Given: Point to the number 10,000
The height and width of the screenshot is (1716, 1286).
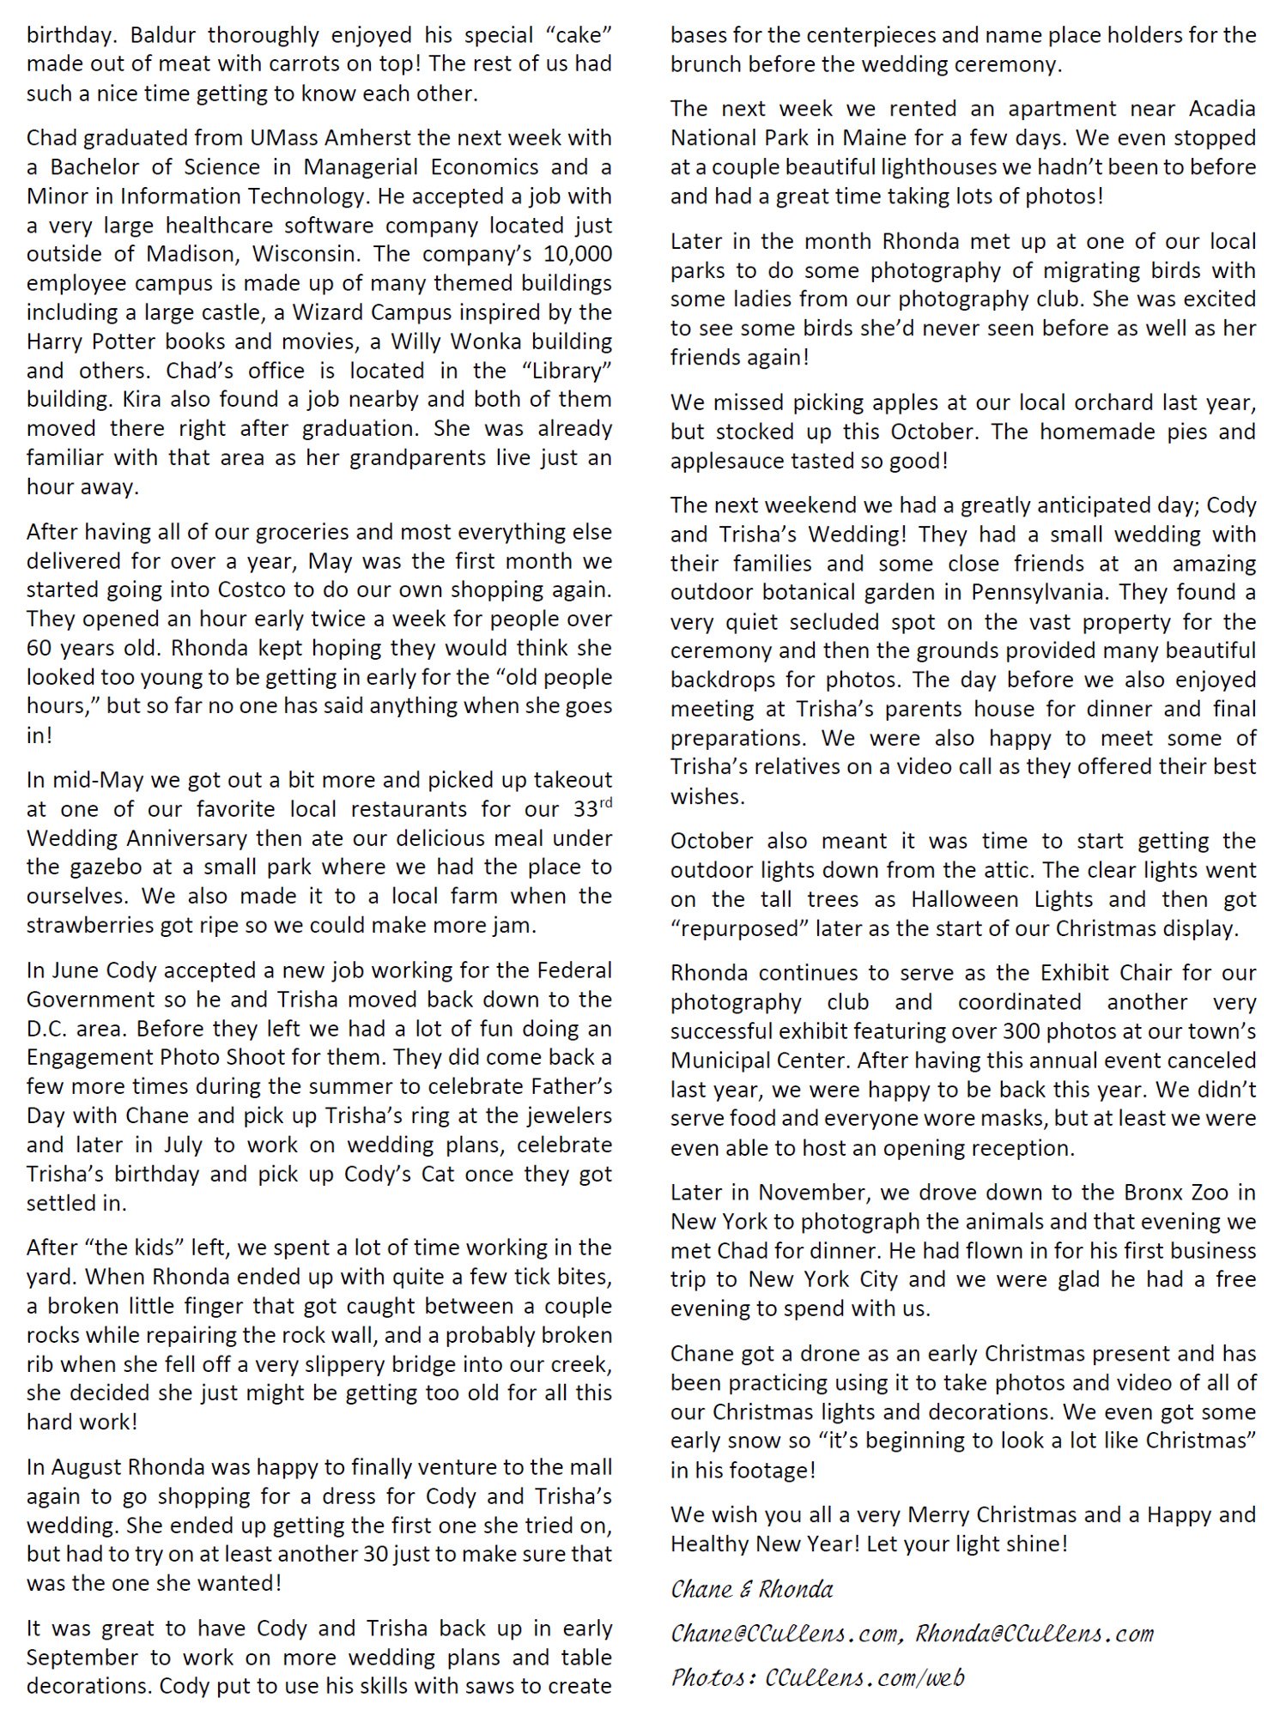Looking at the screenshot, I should [x=570, y=255].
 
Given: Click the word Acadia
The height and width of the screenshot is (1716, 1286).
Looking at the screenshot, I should [x=1222, y=109].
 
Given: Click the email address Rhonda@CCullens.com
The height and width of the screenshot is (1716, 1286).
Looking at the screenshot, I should [x=1034, y=1634].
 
